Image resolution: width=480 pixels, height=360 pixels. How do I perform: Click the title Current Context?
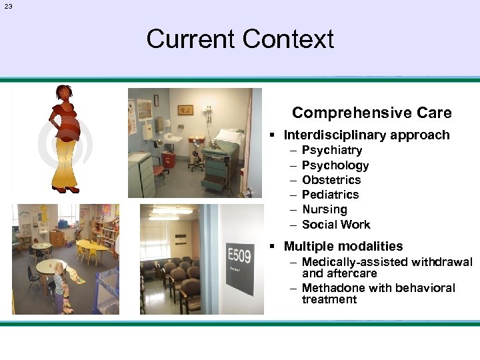240,39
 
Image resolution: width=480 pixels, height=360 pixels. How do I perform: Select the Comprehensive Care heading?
371,113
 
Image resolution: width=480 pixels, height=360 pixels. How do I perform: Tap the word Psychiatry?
331,150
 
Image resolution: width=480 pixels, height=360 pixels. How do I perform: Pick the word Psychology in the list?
335,165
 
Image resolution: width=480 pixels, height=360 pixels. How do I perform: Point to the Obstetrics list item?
331,179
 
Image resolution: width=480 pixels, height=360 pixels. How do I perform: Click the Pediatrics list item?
330,194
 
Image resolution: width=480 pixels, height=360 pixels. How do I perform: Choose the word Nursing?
324,209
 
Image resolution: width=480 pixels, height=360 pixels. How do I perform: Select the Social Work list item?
335,224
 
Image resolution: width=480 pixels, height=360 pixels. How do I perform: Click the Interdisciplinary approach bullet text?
366,135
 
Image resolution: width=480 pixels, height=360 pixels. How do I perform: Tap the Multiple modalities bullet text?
343,246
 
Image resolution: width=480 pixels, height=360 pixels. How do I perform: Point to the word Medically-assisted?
357,262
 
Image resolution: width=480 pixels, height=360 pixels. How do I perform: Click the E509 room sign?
240,256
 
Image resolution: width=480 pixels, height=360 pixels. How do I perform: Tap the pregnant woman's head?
64,93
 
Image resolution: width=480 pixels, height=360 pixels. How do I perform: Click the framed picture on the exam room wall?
185,109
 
